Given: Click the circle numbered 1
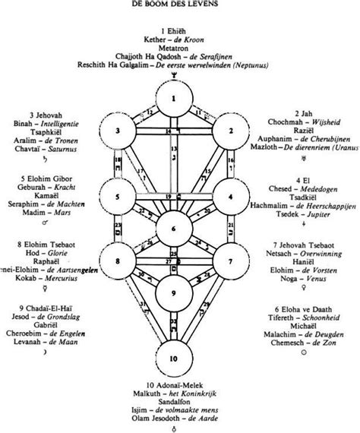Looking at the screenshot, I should click(175, 98).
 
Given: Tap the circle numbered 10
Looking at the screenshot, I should click(175, 356).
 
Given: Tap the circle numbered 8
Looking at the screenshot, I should click(118, 262).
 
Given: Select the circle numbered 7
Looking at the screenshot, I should click(231, 262).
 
